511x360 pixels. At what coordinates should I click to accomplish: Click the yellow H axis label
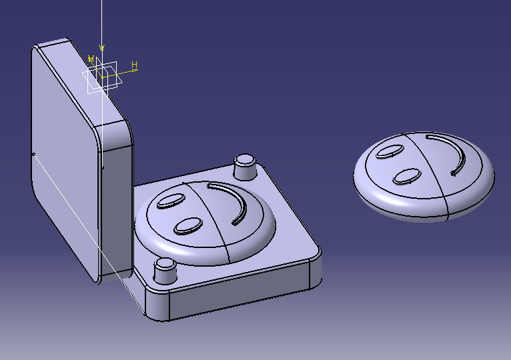134,65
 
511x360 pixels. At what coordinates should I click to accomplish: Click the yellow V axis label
91,60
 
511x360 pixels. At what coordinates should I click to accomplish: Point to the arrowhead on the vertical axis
101,48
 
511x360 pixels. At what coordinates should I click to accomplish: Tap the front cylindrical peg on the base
164,271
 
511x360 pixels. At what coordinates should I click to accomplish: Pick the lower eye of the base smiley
189,226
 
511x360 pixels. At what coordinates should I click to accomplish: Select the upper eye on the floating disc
389,151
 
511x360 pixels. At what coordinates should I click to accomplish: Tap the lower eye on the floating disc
406,177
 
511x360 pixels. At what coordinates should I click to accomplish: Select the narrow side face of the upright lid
115,200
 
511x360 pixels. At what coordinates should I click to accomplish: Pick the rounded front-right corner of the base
315,270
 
